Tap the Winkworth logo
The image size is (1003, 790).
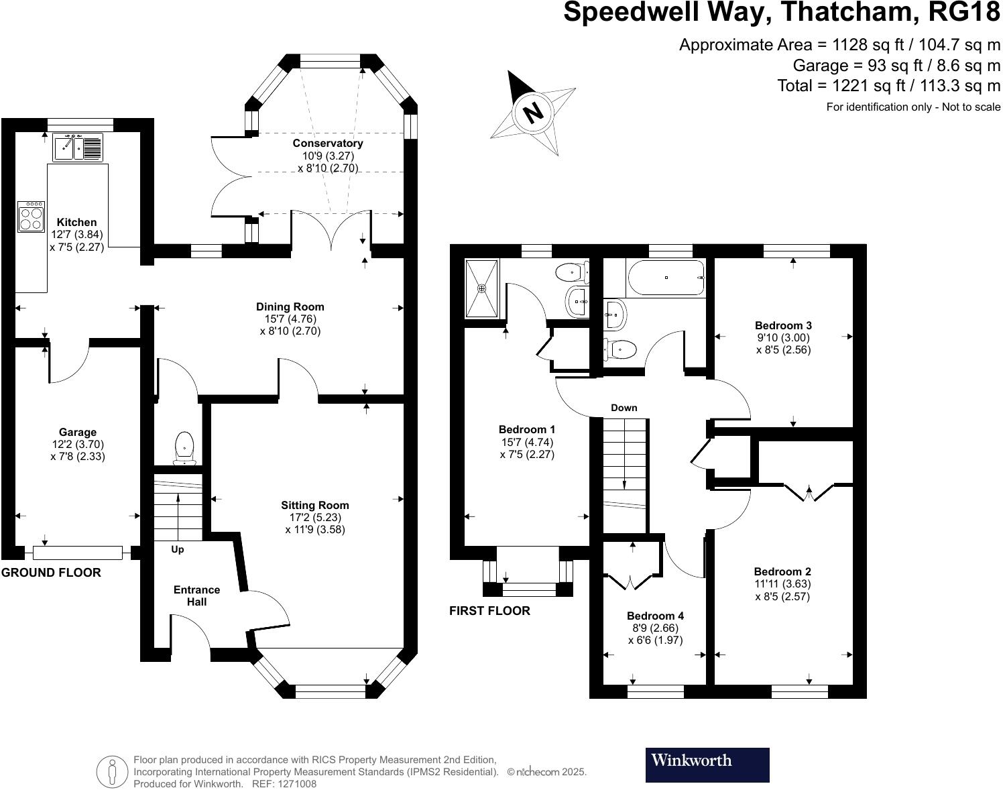pyautogui.click(x=707, y=765)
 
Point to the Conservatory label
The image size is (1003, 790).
pyautogui.click(x=328, y=144)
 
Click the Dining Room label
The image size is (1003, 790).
pyautogui.click(x=290, y=307)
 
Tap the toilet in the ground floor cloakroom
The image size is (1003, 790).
pyautogui.click(x=184, y=447)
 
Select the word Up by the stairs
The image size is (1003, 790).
pyautogui.click(x=178, y=549)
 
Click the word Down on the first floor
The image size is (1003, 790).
pyautogui.click(x=624, y=408)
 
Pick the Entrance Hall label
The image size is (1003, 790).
pyautogui.click(x=196, y=596)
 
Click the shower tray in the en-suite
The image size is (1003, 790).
pyautogui.click(x=482, y=288)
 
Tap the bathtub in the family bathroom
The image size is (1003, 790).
pyautogui.click(x=665, y=278)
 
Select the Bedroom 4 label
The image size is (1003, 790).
pyautogui.click(x=655, y=616)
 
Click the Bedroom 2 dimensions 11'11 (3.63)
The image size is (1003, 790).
pyautogui.click(x=782, y=583)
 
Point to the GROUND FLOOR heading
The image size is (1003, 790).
pyautogui.click(x=51, y=573)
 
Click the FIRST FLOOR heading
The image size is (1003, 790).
pyautogui.click(x=489, y=611)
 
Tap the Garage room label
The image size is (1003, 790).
pyautogui.click(x=78, y=433)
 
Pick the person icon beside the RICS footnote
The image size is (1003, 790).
pyautogui.click(x=112, y=771)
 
